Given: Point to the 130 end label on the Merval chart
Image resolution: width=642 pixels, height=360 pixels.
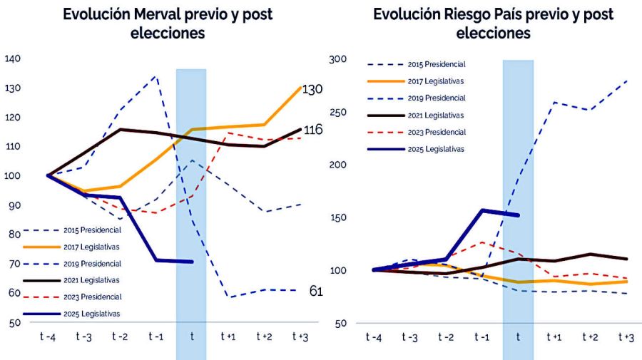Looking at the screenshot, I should pyautogui.click(x=312, y=89).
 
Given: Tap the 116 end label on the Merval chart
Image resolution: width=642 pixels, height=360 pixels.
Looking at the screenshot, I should pyautogui.click(x=312, y=130).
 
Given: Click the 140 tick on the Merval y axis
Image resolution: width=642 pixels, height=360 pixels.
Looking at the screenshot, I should pyautogui.click(x=13, y=59).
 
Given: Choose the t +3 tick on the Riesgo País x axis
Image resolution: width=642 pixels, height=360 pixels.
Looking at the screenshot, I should pyautogui.click(x=626, y=336).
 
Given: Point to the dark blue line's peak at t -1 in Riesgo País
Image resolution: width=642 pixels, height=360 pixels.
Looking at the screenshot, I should pyautogui.click(x=482, y=210).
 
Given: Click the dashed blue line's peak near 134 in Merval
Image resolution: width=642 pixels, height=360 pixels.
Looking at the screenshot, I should pyautogui.click(x=156, y=76).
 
